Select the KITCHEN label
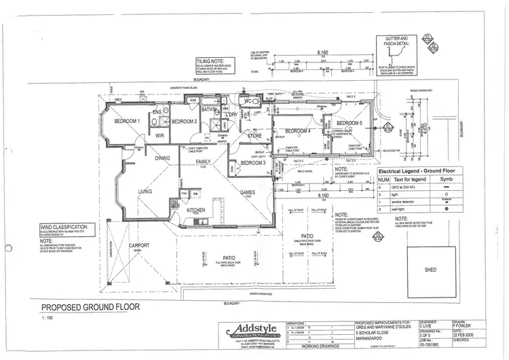point(196,211)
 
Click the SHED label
point(430,270)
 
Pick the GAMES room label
point(248,193)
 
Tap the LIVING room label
point(145,193)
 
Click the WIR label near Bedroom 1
point(160,136)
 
